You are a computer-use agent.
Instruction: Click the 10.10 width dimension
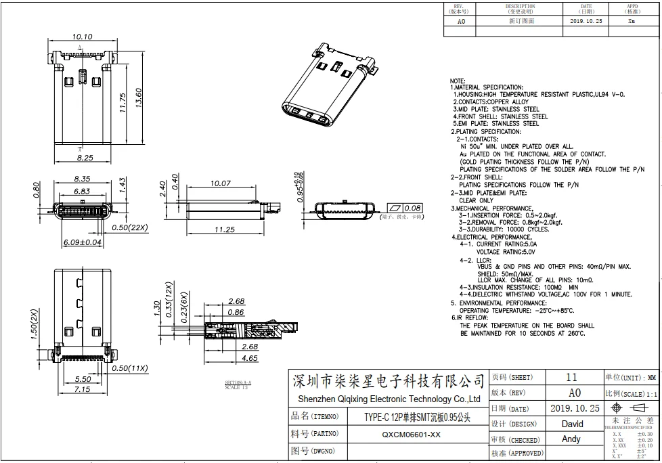(82, 37)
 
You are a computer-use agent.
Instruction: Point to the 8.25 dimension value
(84, 157)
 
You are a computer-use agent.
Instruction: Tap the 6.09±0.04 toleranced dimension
(82, 242)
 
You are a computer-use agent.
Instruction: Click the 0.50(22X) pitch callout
(130, 228)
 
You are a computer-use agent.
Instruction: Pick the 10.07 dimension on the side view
(221, 183)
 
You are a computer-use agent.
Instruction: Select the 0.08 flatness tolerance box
(412, 208)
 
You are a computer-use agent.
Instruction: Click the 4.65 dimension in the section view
(249, 358)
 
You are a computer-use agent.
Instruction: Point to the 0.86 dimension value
(236, 312)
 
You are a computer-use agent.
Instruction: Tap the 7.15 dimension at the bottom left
(82, 389)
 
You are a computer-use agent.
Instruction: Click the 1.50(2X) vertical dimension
(34, 326)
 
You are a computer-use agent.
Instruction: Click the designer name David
(572, 424)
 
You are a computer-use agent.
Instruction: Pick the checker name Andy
(571, 439)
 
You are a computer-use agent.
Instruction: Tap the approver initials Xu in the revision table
(631, 21)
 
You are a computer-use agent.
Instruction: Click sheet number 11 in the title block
(571, 377)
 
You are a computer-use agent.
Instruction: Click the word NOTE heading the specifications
(458, 81)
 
